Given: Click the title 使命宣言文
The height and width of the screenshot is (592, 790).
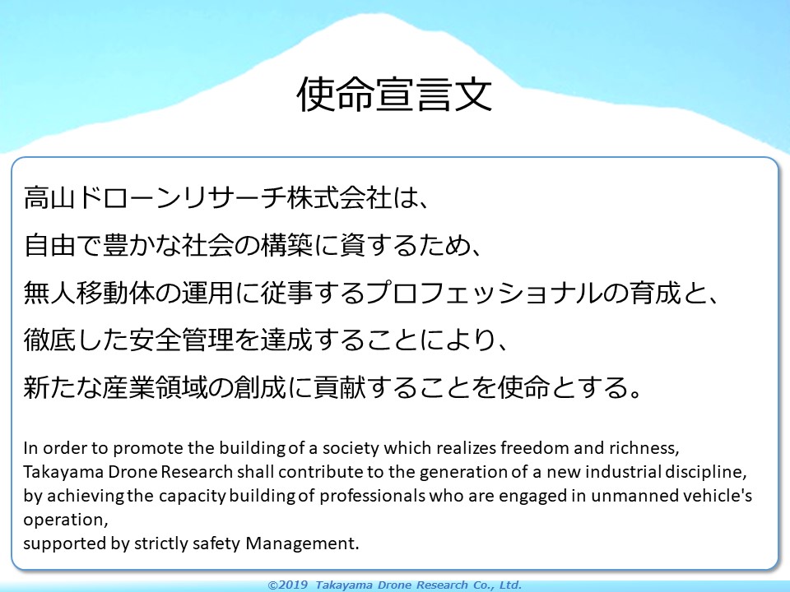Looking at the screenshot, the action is [394, 94].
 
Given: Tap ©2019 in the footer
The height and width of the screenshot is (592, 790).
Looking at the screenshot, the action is [288, 585].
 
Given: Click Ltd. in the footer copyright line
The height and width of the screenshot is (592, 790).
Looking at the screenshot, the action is [510, 585].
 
